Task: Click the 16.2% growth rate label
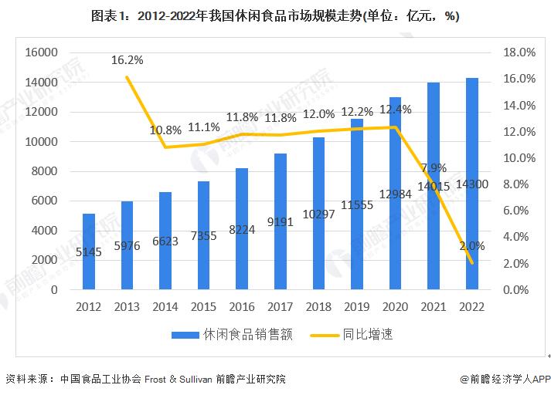(128, 59)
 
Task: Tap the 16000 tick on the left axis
(43, 52)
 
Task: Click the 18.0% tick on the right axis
(519, 52)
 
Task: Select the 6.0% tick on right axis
(522, 211)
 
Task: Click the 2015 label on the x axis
(204, 306)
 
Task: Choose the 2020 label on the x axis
(395, 306)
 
